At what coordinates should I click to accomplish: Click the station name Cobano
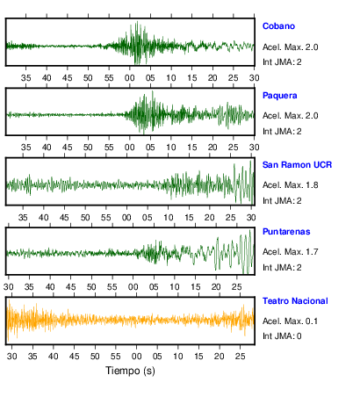pyautogui.click(x=278, y=26)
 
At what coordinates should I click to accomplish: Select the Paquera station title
pyautogui.click(x=280, y=96)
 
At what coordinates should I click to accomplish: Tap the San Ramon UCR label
pyautogui.click(x=297, y=165)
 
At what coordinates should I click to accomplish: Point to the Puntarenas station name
pyautogui.click(x=286, y=232)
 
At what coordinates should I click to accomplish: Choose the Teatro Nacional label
pyautogui.click(x=295, y=301)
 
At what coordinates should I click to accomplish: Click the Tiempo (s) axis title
pyautogui.click(x=130, y=371)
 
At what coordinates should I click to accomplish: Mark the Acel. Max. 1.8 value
pyautogui.click(x=291, y=185)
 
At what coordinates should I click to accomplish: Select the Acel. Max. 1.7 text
pyautogui.click(x=291, y=252)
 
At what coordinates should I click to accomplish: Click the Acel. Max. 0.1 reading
pyautogui.click(x=291, y=321)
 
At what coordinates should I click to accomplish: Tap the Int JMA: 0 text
pyautogui.click(x=282, y=335)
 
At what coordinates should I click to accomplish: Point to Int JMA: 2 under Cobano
pyautogui.click(x=282, y=62)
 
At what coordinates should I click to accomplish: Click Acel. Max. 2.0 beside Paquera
pyautogui.click(x=291, y=116)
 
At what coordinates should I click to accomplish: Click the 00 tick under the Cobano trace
pyautogui.click(x=130, y=78)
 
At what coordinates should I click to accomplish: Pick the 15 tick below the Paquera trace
pyautogui.click(x=192, y=148)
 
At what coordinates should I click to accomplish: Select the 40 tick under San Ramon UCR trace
pyautogui.click(x=44, y=218)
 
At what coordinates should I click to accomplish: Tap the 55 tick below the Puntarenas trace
pyautogui.click(x=112, y=287)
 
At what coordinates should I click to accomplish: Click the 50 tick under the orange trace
pyautogui.click(x=95, y=357)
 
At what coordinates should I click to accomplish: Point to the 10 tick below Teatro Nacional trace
pyautogui.click(x=178, y=357)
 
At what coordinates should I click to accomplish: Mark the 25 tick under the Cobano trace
pyautogui.click(x=234, y=78)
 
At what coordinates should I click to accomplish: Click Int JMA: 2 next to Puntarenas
pyautogui.click(x=282, y=268)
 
